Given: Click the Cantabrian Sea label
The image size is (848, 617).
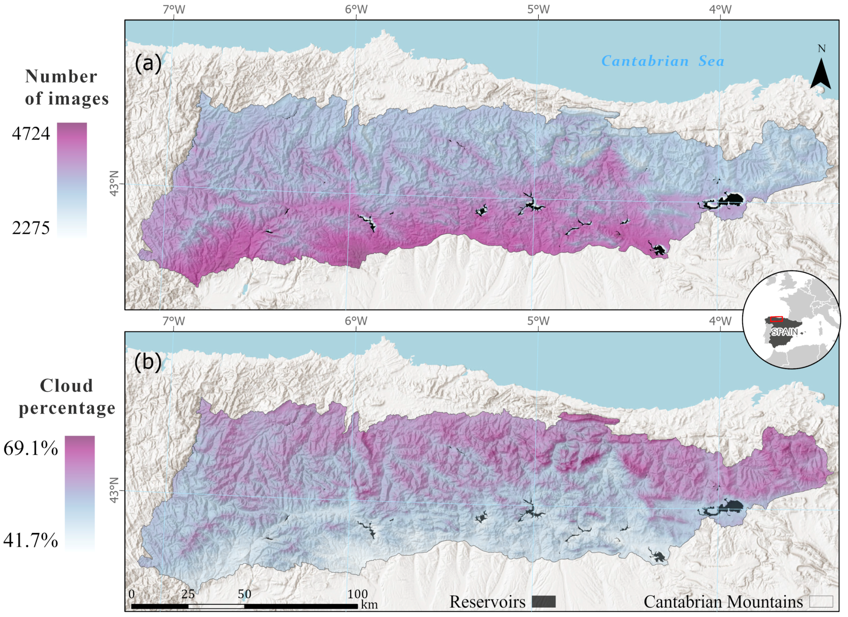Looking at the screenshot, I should tap(662, 61).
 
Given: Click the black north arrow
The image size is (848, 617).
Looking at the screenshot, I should tap(821, 75).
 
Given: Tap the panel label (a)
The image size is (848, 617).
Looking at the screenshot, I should tap(148, 63).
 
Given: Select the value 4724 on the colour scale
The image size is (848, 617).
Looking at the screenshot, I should tap(31, 133).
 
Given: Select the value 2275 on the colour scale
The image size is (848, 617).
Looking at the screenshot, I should tap(31, 228).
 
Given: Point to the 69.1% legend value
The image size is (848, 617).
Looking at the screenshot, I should tap(31, 448).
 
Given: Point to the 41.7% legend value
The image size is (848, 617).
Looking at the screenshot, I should tap(31, 540).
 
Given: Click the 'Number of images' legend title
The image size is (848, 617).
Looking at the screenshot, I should tap(67, 87).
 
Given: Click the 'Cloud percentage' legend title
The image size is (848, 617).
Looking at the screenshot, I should tap(67, 397).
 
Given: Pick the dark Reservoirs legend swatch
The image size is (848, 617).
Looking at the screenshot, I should tap(544, 602).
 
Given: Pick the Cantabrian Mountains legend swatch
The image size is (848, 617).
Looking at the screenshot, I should tap(821, 602).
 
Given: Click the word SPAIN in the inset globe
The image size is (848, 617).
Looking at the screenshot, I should tap(784, 332).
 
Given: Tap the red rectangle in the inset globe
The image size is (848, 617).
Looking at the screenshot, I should tap(777, 319).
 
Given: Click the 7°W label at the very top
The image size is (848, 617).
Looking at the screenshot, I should tap(174, 9).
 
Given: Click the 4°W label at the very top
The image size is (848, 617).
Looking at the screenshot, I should tap(721, 9).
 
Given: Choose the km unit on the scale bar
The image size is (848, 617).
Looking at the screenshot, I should tap(369, 605).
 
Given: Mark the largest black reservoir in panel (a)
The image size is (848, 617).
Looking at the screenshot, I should tap(729, 199).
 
